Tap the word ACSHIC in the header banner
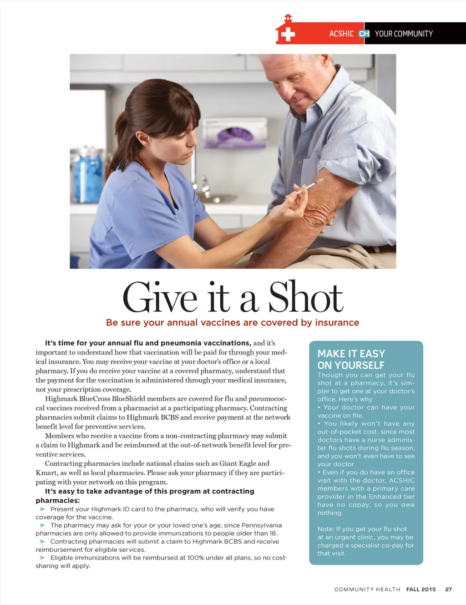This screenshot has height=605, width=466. click(341, 34)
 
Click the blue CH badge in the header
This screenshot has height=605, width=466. click(364, 34)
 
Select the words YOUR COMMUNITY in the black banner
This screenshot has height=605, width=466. click(404, 34)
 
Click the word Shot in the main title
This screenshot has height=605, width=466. click(305, 299)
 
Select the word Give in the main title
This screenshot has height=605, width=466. click(160, 299)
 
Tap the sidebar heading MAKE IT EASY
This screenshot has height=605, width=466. click(351, 354)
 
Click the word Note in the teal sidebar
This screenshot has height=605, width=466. click(325, 529)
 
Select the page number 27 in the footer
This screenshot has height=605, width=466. click(448, 590)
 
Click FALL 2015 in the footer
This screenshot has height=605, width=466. click(421, 590)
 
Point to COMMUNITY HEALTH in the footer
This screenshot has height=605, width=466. click(367, 590)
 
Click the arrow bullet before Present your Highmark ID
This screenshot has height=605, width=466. click(42, 509)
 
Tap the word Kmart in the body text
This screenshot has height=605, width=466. click(46, 473)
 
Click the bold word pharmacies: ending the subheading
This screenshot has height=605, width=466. click(58, 501)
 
